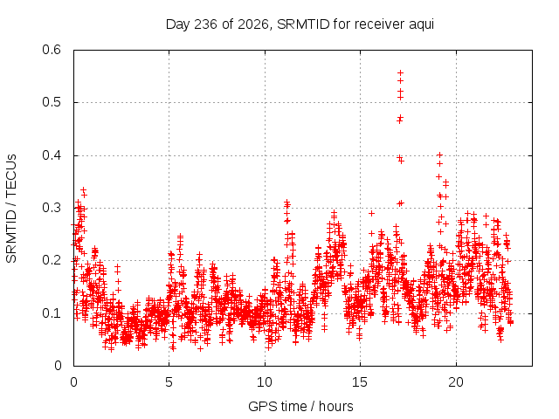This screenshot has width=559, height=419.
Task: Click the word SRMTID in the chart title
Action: (303, 24)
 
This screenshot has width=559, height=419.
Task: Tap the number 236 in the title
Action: (205, 24)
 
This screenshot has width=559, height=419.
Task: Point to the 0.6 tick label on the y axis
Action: (52, 50)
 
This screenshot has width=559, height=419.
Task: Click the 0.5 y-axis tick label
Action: (52, 102)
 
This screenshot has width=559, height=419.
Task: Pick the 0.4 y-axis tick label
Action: (52, 155)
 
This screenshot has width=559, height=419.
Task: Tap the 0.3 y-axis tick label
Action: (52, 208)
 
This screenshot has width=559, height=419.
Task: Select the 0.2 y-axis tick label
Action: (52, 260)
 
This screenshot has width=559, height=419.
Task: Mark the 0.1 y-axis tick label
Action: (52, 313)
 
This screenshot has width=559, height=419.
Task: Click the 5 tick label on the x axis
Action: (169, 382)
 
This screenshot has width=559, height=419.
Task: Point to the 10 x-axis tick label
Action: (265, 382)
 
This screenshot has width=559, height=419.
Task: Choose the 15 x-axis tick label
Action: (360, 382)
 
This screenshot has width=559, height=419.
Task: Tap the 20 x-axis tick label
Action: (456, 382)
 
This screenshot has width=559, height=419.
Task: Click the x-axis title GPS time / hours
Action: (300, 407)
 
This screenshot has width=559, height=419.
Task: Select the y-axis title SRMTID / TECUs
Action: (11, 209)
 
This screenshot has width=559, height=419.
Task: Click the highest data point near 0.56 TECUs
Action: (400, 73)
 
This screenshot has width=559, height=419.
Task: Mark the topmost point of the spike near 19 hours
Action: (439, 155)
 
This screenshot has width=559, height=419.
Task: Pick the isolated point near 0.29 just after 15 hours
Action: (371, 213)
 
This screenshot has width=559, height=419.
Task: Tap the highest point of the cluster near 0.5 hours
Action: (84, 190)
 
